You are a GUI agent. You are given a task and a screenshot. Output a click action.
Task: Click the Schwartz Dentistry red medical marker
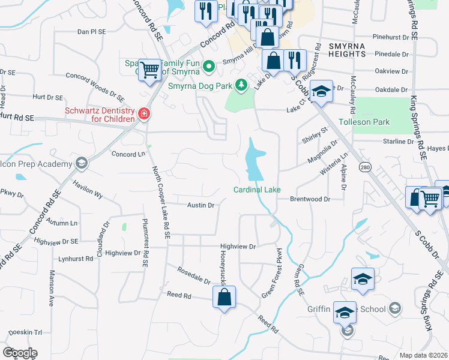(x=143, y=113)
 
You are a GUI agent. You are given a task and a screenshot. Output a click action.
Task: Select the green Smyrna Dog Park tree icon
(x=241, y=85)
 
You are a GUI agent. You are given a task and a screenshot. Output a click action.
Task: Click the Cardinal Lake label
(x=257, y=190)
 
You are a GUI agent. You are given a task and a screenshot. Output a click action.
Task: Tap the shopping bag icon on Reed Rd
(x=224, y=298)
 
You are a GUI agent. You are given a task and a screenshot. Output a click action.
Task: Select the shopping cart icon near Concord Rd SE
(x=149, y=70)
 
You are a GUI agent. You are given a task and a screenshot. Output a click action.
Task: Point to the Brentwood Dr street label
(x=310, y=199)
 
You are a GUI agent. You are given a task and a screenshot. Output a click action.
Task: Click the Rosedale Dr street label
(x=194, y=277)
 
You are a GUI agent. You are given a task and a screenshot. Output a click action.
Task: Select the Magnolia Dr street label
(x=322, y=150)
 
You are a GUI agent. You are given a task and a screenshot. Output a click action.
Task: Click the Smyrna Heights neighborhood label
(x=347, y=50)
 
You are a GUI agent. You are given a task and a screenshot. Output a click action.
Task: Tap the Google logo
(x=20, y=352)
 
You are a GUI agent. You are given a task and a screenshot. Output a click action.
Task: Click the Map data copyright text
(x=423, y=355)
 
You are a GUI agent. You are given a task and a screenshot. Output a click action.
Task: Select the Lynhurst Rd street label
(x=77, y=259)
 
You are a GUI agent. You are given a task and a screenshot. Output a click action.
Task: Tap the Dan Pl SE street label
(x=91, y=31)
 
